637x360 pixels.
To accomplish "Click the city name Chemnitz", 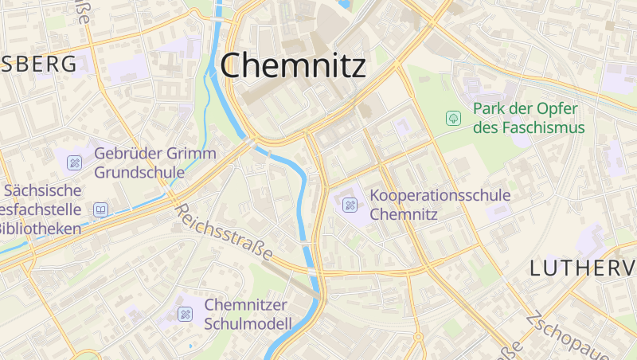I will click(x=293, y=65).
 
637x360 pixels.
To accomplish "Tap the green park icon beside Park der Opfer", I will click(x=453, y=118).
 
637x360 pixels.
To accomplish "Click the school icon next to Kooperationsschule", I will click(x=350, y=205).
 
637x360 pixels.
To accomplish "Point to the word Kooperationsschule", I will click(x=440, y=195).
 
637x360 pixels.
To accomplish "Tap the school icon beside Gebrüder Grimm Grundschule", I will click(x=74, y=162).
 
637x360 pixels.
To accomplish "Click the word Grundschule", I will click(x=139, y=171).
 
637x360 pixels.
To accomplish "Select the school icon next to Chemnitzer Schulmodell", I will click(x=185, y=314).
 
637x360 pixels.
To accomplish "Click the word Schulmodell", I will click(x=248, y=323).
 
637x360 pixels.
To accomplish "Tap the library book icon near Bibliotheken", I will click(x=100, y=210).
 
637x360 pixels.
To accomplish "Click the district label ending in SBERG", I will click(x=39, y=65).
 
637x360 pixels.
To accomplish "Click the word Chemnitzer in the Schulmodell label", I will click(x=245, y=305).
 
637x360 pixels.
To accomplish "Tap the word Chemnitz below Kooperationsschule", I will click(x=404, y=213).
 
